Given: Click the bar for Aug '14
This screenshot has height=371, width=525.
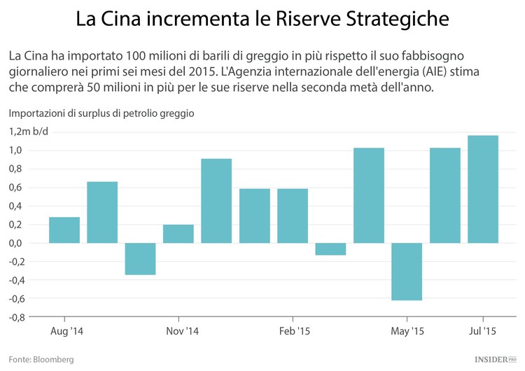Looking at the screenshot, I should [64, 230].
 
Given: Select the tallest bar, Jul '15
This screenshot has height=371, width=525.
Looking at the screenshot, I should [483, 189].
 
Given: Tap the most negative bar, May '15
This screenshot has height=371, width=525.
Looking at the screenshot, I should [407, 272].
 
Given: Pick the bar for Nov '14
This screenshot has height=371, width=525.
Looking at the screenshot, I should [178, 234].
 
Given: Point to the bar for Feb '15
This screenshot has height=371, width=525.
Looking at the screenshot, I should [293, 216].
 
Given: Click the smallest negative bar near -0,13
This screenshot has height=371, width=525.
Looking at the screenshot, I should [330, 248].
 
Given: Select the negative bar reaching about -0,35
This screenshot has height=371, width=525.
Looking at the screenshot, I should [140, 258].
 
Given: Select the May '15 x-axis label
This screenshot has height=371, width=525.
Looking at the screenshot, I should [407, 331].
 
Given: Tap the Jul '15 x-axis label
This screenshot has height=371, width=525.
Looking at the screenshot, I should [482, 331].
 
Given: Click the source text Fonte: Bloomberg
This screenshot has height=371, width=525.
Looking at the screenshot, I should [41, 359].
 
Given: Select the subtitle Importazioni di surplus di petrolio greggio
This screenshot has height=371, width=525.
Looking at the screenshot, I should [101, 113].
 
